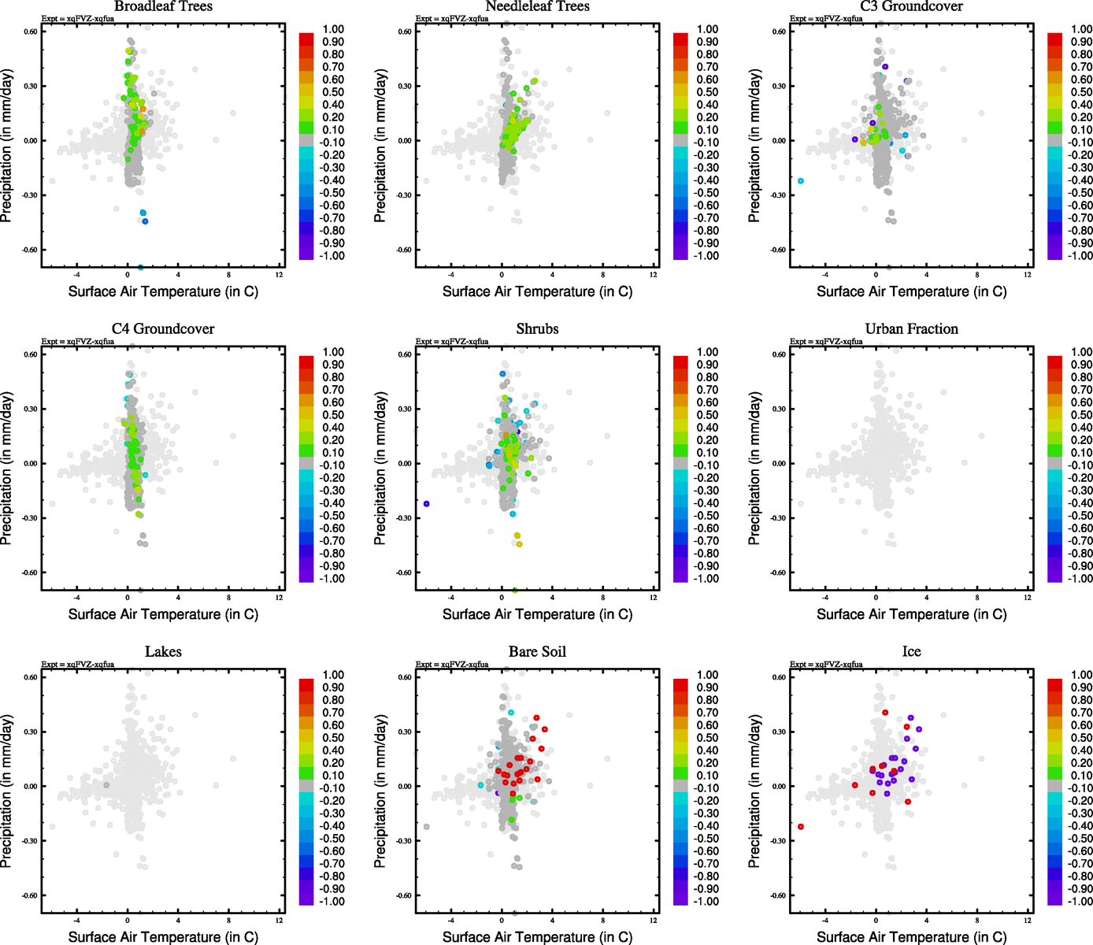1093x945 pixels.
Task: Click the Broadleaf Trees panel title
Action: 163,6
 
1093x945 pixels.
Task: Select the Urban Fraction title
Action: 911,329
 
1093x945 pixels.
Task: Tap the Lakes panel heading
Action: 163,652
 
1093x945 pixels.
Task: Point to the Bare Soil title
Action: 537,652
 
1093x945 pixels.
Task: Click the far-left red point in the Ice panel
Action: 801,827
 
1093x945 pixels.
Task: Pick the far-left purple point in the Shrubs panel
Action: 427,504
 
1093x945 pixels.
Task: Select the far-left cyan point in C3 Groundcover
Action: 801,181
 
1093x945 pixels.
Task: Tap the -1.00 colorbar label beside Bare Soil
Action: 706,902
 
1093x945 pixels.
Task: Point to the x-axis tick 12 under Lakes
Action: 280,921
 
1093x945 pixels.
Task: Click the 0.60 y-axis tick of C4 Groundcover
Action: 30,354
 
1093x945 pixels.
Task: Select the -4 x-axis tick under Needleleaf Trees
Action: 451,275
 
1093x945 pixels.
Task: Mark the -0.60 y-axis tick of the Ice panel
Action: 778,895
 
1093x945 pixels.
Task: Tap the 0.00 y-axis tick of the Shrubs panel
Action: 404,464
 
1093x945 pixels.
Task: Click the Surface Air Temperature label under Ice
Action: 911,937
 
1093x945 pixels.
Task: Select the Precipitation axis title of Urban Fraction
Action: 755,469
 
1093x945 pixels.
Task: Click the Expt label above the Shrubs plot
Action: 452,342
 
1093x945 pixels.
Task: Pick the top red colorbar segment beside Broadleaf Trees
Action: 306,39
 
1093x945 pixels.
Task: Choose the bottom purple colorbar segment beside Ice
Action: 1054,899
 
